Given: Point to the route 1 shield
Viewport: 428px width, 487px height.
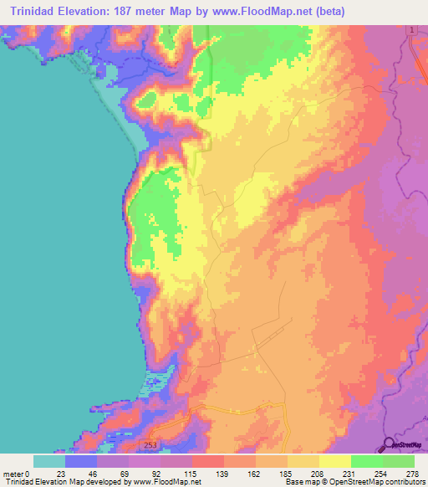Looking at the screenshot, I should coord(412,30).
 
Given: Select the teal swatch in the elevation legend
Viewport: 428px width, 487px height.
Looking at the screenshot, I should coord(49,461).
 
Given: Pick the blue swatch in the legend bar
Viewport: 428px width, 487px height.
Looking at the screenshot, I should coord(81,461).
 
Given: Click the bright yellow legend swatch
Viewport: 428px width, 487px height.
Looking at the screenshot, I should coord(334,461).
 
